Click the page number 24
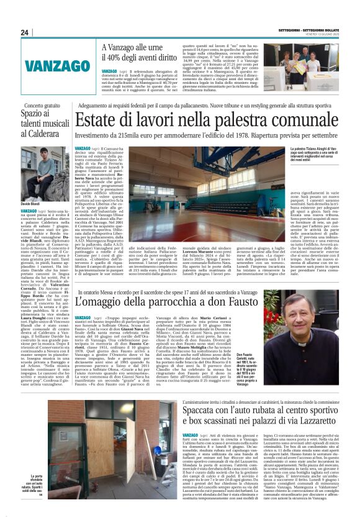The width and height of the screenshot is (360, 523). pos(25,32)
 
